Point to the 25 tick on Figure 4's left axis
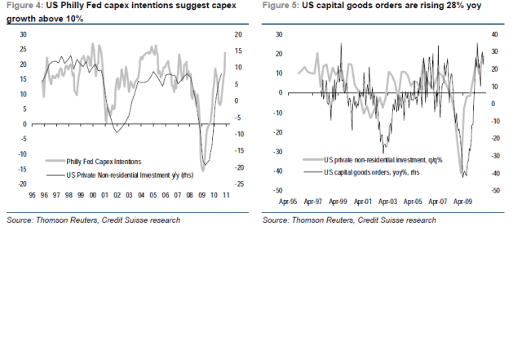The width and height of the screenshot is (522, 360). (x=24, y=49)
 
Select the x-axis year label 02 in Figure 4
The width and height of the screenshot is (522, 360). (x=117, y=197)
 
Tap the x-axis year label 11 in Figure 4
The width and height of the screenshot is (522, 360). (x=226, y=197)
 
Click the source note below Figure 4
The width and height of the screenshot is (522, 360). (x=93, y=220)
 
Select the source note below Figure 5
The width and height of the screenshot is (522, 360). (x=349, y=220)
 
